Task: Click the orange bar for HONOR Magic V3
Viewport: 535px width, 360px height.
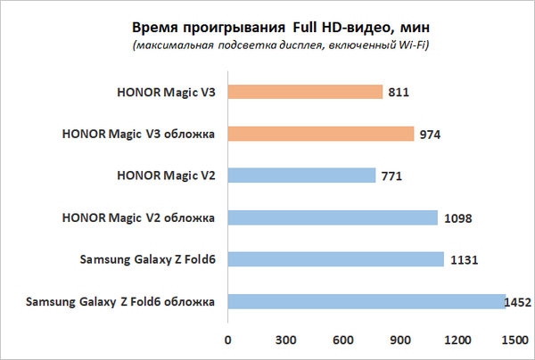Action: (305, 92)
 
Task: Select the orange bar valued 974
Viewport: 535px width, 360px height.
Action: (321, 134)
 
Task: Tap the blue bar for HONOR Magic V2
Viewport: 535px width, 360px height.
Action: (301, 176)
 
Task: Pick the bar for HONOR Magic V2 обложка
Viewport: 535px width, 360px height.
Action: (333, 217)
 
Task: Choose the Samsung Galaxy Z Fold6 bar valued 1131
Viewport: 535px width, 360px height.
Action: (336, 259)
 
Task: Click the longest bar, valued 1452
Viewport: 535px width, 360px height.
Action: (366, 301)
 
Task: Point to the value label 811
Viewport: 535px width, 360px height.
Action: (399, 92)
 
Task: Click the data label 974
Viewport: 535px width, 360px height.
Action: (431, 135)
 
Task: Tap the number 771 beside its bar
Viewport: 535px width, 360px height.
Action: (391, 176)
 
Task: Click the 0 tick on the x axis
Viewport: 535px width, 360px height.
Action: (228, 340)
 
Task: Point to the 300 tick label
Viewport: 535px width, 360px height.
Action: (285, 340)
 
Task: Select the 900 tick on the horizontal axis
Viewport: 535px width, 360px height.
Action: (401, 340)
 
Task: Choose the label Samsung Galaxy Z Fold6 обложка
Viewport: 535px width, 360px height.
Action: (121, 302)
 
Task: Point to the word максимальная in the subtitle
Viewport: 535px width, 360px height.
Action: (171, 45)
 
